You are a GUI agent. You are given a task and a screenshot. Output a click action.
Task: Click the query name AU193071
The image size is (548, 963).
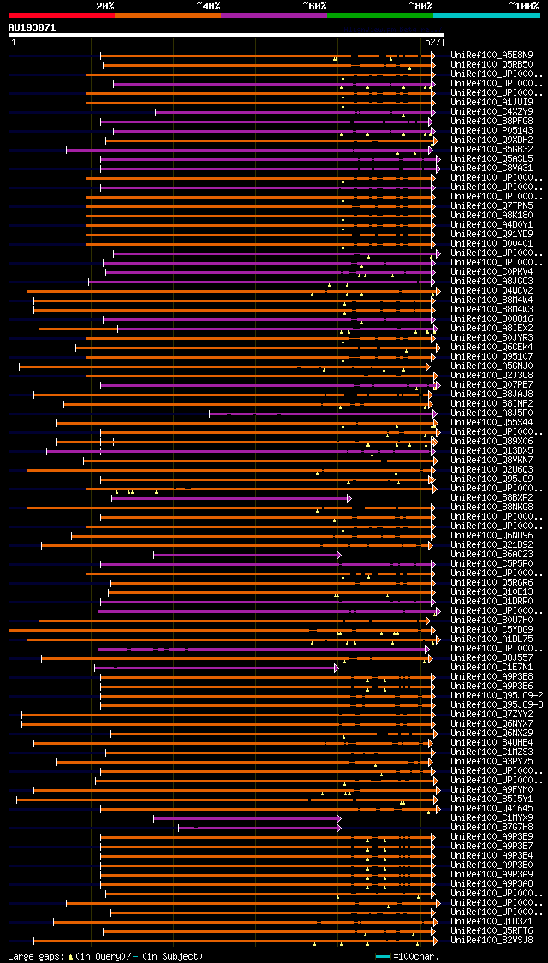(x=32, y=27)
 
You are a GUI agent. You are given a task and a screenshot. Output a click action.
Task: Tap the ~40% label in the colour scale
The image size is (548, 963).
(x=208, y=5)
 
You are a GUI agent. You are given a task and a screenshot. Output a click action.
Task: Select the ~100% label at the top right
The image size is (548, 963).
(x=524, y=5)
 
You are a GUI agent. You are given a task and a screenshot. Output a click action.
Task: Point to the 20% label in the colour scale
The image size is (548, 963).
(x=104, y=5)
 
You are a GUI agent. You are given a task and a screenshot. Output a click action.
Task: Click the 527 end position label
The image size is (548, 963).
(x=432, y=41)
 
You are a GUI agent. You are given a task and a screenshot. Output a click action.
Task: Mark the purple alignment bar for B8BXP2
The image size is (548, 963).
(x=231, y=497)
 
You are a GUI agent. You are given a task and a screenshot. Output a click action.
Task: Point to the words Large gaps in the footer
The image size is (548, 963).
(x=34, y=956)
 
